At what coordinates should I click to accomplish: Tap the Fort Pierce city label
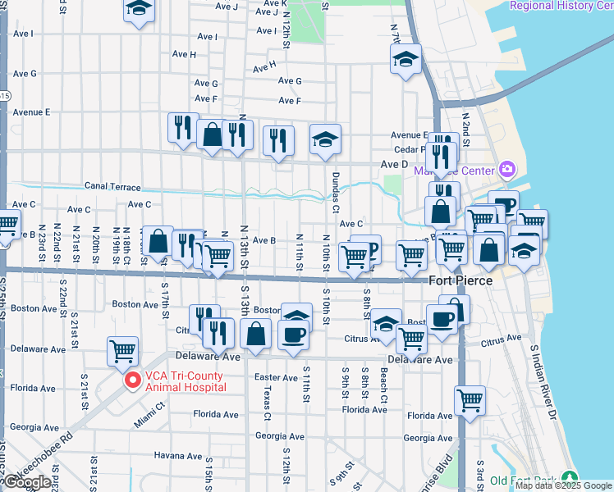pyautogui.click(x=461, y=280)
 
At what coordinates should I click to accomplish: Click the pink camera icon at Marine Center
pyautogui.click(x=506, y=170)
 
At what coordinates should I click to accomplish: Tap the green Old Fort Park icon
pyautogui.click(x=570, y=480)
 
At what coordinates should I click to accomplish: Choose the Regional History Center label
pyautogui.click(x=561, y=6)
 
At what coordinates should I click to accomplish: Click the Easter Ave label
pyautogui.click(x=276, y=377)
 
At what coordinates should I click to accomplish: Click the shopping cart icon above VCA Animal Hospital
pyautogui.click(x=122, y=350)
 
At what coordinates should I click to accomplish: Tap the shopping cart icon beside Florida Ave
pyautogui.click(x=470, y=399)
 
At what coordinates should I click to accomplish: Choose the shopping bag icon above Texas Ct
pyautogui.click(x=256, y=333)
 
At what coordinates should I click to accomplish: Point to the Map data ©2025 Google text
pyautogui.click(x=563, y=485)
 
